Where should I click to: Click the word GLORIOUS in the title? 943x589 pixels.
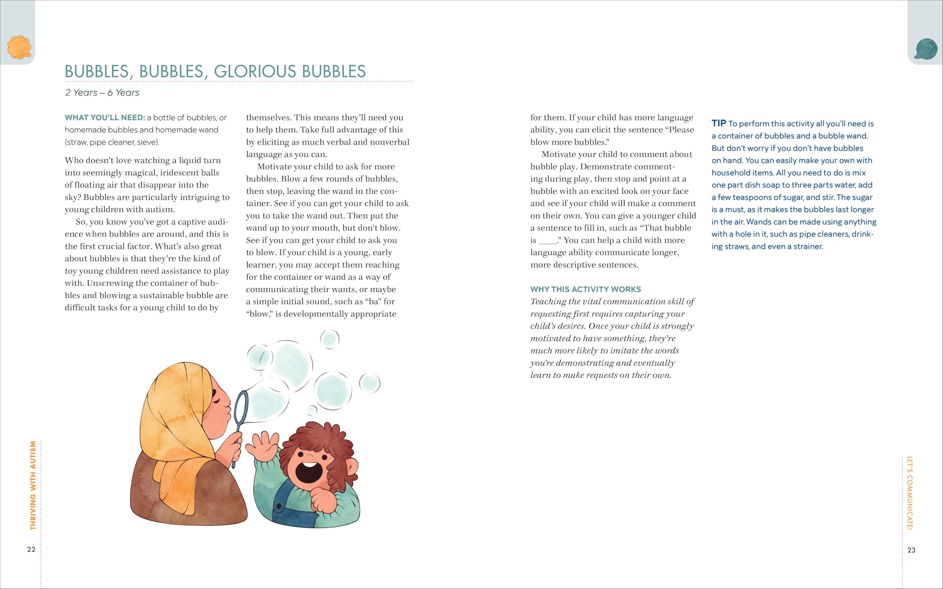coord(255,71)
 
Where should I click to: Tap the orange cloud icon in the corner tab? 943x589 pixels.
coord(19,47)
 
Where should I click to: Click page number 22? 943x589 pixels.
coord(31,549)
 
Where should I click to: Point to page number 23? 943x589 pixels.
coord(911,550)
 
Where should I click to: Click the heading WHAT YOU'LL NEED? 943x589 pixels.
coord(105,118)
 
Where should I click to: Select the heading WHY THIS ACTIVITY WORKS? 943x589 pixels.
coord(585,289)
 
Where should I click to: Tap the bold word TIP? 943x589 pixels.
coord(719,123)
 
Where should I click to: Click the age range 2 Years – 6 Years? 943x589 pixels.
coord(102,93)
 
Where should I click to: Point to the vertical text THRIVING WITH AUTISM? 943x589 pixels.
coord(33,485)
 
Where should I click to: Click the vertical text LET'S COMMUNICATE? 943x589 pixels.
coord(909,493)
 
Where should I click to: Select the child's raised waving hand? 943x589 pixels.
coord(265,446)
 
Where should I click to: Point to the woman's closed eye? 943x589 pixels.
coord(217,401)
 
